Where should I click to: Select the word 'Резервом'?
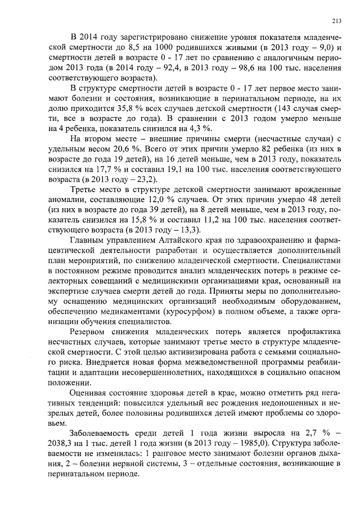[89, 331]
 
